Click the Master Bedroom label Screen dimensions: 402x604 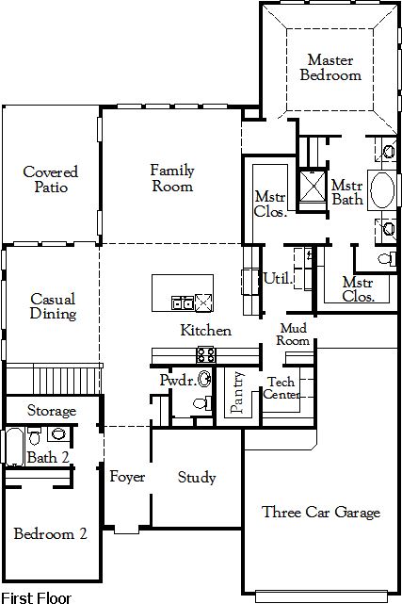330,68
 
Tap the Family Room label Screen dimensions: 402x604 172,178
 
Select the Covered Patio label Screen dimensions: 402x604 51,180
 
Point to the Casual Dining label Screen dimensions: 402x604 53,306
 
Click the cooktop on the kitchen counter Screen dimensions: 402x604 206,354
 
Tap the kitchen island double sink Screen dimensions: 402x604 183,302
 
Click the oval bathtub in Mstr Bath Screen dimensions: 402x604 382,190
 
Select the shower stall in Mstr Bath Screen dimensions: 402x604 312,186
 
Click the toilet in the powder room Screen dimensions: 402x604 202,403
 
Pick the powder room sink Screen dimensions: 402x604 204,378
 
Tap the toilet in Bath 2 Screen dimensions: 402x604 35,435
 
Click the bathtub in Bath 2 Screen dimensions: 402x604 15,446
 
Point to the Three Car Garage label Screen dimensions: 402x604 321,512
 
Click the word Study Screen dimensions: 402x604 197,478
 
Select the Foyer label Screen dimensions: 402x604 127,477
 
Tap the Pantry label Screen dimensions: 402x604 237,392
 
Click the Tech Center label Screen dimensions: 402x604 281,388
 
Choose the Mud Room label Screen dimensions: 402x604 293,334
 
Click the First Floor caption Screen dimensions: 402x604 37,597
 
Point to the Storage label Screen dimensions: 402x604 52,411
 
